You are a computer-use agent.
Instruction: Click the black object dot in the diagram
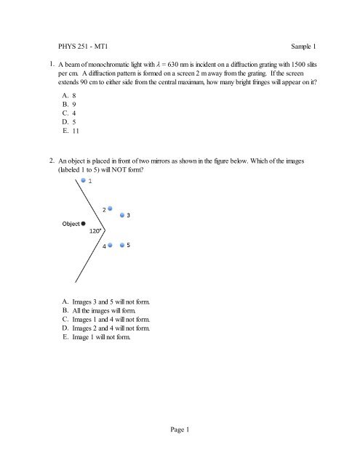[85, 222]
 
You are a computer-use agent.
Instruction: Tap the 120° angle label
[95, 231]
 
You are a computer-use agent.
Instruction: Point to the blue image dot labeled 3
[122, 216]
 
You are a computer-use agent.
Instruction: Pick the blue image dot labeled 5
[122, 246]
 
